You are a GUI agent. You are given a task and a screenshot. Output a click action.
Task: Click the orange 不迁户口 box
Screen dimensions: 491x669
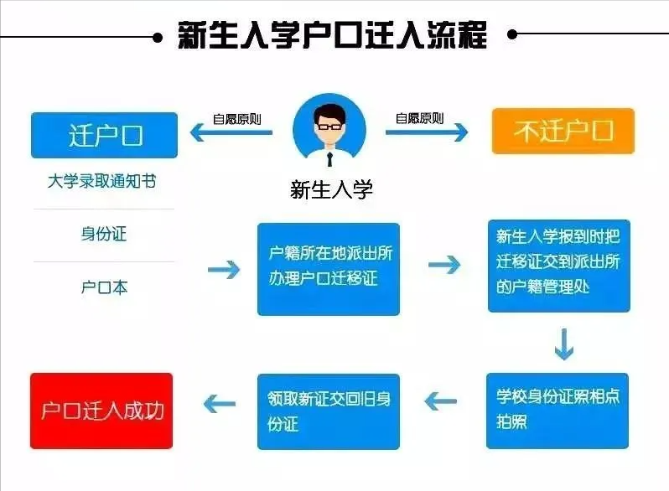coord(563,131)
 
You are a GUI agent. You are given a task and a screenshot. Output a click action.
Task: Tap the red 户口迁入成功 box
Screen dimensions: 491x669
coord(101,411)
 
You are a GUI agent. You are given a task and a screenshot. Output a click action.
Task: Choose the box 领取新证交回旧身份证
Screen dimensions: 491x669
coord(328,411)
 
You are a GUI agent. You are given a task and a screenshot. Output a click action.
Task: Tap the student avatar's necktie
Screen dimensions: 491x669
coord(329,158)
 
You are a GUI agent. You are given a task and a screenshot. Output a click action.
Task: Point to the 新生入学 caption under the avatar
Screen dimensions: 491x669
coord(331,189)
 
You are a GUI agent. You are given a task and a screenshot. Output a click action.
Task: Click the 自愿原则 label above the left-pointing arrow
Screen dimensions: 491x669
coord(237,119)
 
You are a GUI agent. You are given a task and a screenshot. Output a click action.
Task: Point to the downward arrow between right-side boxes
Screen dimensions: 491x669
coord(563,344)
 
